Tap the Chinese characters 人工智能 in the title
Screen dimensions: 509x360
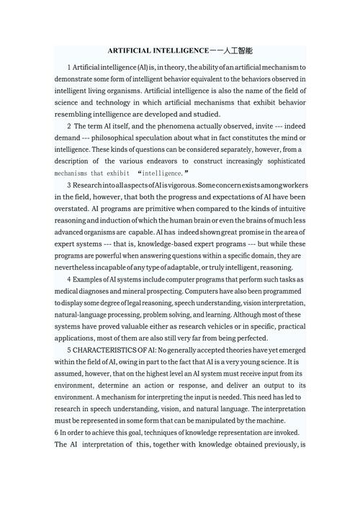238,52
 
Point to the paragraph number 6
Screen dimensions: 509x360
56,432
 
